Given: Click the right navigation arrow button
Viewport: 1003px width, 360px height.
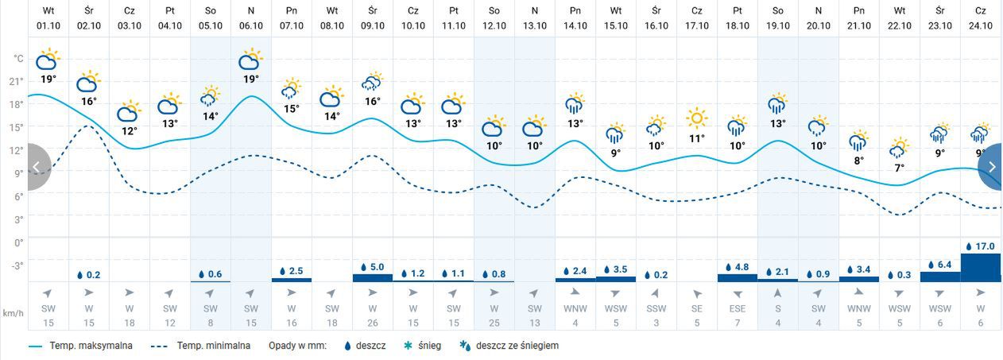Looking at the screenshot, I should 991,167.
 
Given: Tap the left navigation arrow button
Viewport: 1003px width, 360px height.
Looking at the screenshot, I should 37,167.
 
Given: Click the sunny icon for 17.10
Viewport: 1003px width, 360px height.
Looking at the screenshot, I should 697,118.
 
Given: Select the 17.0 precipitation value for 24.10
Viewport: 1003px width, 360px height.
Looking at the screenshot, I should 984,246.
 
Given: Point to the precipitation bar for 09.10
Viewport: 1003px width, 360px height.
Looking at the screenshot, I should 373,277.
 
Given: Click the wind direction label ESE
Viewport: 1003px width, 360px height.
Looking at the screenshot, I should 738,308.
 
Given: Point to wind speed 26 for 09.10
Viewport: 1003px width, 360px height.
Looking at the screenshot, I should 373,322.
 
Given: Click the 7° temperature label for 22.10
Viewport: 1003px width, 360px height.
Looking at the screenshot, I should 899,168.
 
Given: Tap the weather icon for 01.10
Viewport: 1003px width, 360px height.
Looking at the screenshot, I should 48,60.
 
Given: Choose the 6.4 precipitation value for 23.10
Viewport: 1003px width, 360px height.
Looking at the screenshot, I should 943,264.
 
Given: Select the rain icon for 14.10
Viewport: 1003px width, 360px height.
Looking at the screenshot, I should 575,103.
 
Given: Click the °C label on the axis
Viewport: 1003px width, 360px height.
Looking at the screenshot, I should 17,59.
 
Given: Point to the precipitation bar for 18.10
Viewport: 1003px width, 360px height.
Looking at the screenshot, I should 738,277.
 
